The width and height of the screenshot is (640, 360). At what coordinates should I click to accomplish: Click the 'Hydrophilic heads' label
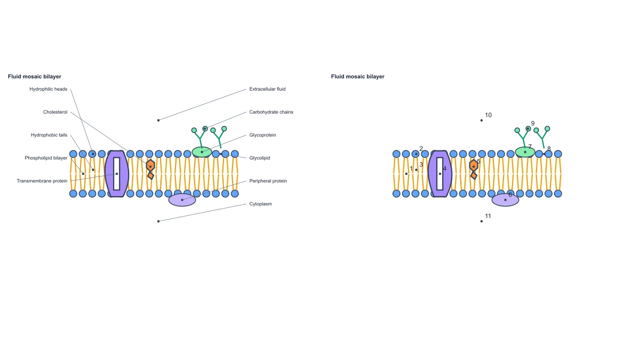(49, 89)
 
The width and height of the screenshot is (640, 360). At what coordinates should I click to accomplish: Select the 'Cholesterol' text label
(55, 112)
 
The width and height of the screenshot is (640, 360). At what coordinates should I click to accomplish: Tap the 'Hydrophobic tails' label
(49, 135)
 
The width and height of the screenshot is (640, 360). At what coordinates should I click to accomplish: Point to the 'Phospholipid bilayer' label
(46, 158)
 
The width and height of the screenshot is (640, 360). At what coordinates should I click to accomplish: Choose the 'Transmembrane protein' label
(42, 181)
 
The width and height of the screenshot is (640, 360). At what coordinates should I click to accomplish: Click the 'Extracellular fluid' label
(267, 89)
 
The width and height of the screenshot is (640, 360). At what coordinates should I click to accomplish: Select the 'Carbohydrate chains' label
(271, 112)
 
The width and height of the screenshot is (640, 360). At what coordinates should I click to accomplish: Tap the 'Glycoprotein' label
(262, 135)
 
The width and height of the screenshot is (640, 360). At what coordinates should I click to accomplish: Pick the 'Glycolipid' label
(259, 158)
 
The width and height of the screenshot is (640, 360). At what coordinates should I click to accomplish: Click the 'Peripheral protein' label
(268, 181)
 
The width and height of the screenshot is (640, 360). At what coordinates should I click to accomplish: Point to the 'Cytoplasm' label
(261, 204)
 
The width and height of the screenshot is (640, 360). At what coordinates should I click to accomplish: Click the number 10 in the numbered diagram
(489, 115)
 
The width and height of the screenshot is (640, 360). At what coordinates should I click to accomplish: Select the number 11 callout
(488, 217)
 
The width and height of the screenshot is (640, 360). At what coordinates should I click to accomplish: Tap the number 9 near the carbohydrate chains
(533, 123)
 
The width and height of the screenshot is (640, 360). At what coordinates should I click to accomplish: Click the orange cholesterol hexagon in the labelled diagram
(150, 165)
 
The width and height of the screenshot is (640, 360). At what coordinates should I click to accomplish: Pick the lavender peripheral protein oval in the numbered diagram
(505, 200)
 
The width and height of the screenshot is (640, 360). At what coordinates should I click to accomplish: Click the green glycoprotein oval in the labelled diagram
(202, 152)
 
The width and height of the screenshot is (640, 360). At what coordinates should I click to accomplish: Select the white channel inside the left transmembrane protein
(117, 174)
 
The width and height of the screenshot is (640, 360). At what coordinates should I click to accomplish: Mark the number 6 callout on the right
(510, 195)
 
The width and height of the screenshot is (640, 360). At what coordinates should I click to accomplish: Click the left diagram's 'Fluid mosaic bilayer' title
(35, 77)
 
